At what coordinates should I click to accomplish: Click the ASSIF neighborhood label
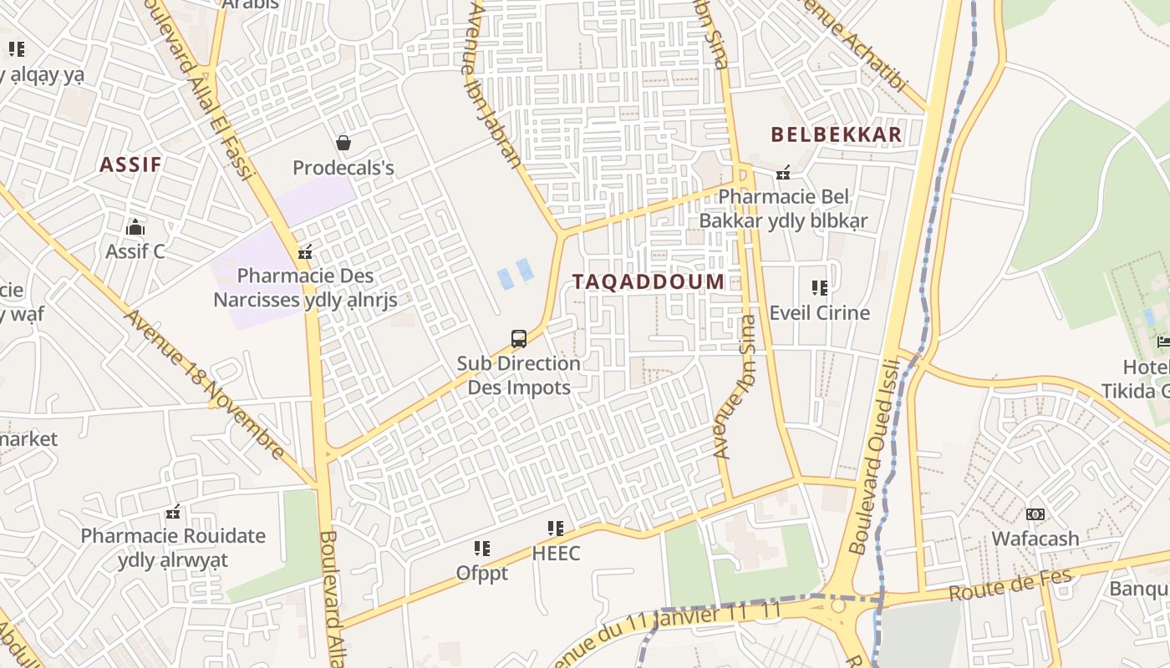(x=130, y=164)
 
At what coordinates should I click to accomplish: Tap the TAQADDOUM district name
(x=649, y=281)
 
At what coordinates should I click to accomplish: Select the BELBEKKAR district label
(x=836, y=134)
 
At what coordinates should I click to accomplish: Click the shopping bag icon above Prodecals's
(x=343, y=143)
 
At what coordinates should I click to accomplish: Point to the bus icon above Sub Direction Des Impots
(x=519, y=339)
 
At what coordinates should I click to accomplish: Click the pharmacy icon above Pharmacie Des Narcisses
(x=305, y=251)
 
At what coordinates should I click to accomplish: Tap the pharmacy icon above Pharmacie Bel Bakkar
(x=783, y=173)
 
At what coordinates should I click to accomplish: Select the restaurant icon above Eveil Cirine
(x=820, y=288)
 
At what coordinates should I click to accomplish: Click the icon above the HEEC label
(x=556, y=529)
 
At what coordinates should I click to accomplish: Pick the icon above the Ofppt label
(x=482, y=549)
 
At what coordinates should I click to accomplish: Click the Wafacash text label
(x=1035, y=539)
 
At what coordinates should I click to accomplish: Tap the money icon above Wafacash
(x=1035, y=514)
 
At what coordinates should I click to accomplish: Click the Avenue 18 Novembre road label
(x=205, y=385)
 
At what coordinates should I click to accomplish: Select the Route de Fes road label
(x=998, y=585)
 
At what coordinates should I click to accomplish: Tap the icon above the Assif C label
(x=135, y=227)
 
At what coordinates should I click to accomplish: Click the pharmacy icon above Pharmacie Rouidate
(x=173, y=512)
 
